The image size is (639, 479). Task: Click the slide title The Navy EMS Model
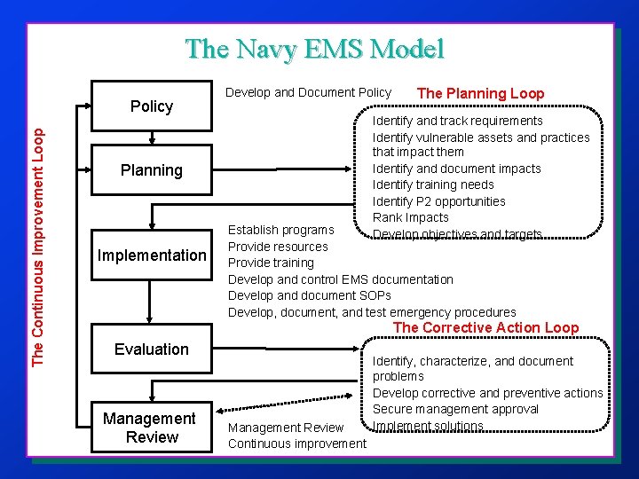(314, 49)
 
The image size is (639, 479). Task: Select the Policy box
(152, 106)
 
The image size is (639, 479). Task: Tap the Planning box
(152, 170)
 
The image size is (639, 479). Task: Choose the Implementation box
(152, 255)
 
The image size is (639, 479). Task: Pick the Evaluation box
(152, 349)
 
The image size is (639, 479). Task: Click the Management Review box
(149, 428)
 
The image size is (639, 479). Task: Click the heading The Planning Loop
(480, 93)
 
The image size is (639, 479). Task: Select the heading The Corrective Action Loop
(485, 328)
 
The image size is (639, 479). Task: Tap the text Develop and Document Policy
(308, 92)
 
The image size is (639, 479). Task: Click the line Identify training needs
(433, 185)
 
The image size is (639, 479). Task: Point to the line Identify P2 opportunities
(438, 201)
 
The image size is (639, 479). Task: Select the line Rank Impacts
(411, 217)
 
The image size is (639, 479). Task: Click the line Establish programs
(281, 231)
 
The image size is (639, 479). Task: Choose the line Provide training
(271, 263)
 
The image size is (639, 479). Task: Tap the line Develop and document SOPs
(310, 295)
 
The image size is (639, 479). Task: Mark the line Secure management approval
(455, 409)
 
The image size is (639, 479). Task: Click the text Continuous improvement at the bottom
(297, 444)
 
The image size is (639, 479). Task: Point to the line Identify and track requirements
(458, 121)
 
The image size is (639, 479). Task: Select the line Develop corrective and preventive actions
(487, 393)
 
